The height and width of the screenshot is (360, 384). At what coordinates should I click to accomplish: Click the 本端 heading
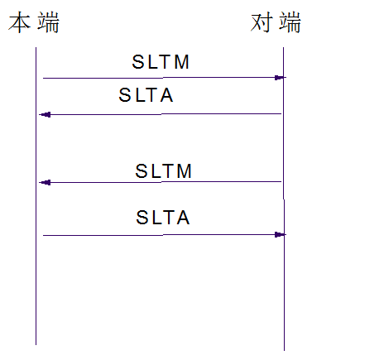(34, 23)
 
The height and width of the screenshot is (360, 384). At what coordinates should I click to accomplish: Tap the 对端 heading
(276, 23)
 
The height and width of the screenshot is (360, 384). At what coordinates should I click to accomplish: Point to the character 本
(21, 23)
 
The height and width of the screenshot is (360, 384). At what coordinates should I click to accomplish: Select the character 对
(262, 23)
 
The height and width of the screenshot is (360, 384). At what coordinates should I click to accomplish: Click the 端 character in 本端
(48, 23)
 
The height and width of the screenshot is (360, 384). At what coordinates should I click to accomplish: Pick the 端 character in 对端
(290, 23)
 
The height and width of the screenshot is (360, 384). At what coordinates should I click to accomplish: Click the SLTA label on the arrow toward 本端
(146, 97)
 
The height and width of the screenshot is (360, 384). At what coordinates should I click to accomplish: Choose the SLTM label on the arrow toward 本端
(164, 171)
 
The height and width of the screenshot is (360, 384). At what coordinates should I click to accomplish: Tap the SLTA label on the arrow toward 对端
(163, 218)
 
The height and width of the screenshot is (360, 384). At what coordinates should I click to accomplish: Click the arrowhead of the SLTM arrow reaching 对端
(281, 78)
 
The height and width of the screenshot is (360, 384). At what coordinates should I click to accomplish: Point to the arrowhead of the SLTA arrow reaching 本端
(43, 114)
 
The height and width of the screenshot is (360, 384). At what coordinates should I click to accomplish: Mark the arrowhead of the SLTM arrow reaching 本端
(44, 182)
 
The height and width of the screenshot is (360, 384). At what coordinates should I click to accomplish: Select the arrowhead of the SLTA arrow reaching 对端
(281, 235)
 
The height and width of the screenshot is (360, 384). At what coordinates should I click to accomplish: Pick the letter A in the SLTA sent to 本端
(166, 97)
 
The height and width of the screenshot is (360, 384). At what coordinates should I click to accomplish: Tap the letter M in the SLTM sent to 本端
(185, 171)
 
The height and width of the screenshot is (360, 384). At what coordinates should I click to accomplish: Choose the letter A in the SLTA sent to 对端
(182, 218)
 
